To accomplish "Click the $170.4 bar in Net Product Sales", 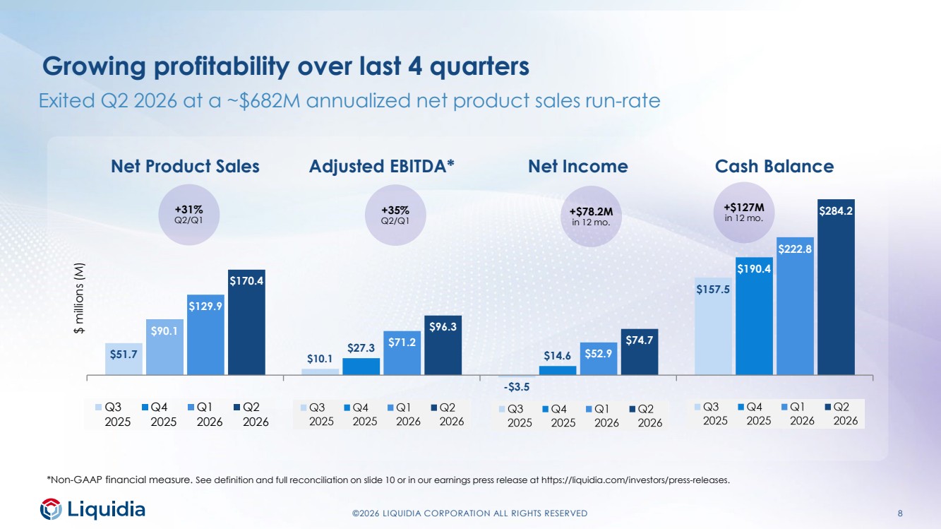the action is [246, 322].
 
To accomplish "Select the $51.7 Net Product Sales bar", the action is [124, 359].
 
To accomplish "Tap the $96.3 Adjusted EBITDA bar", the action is [443, 345].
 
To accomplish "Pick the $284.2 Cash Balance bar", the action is [836, 287].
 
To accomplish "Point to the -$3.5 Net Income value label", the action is [516, 387].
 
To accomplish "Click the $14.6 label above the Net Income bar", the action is [557, 356].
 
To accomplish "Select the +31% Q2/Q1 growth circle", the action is [188, 215].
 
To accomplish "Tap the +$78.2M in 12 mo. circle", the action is [591, 216].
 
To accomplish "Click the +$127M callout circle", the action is [743, 212].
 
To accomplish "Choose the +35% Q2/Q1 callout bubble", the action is [395, 215].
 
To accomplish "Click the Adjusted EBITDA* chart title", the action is [381, 167].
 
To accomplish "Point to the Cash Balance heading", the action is [774, 167].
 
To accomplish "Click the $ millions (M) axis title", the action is [79, 298].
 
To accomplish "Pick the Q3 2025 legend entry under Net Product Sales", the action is [113, 415].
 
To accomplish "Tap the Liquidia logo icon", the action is [51, 509].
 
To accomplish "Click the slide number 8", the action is [900, 513].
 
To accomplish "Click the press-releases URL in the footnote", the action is [635, 480].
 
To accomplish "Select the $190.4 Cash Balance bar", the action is [754, 316].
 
